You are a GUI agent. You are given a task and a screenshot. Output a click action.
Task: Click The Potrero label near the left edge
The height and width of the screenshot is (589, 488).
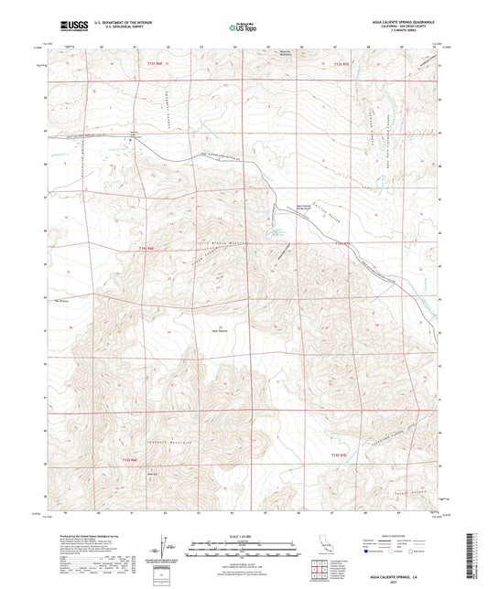click(x=62, y=299)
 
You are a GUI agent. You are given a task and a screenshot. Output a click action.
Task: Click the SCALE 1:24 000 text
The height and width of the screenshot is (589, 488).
click(x=244, y=535)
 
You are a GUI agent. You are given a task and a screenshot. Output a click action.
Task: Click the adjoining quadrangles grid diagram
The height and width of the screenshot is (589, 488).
click(x=321, y=573)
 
